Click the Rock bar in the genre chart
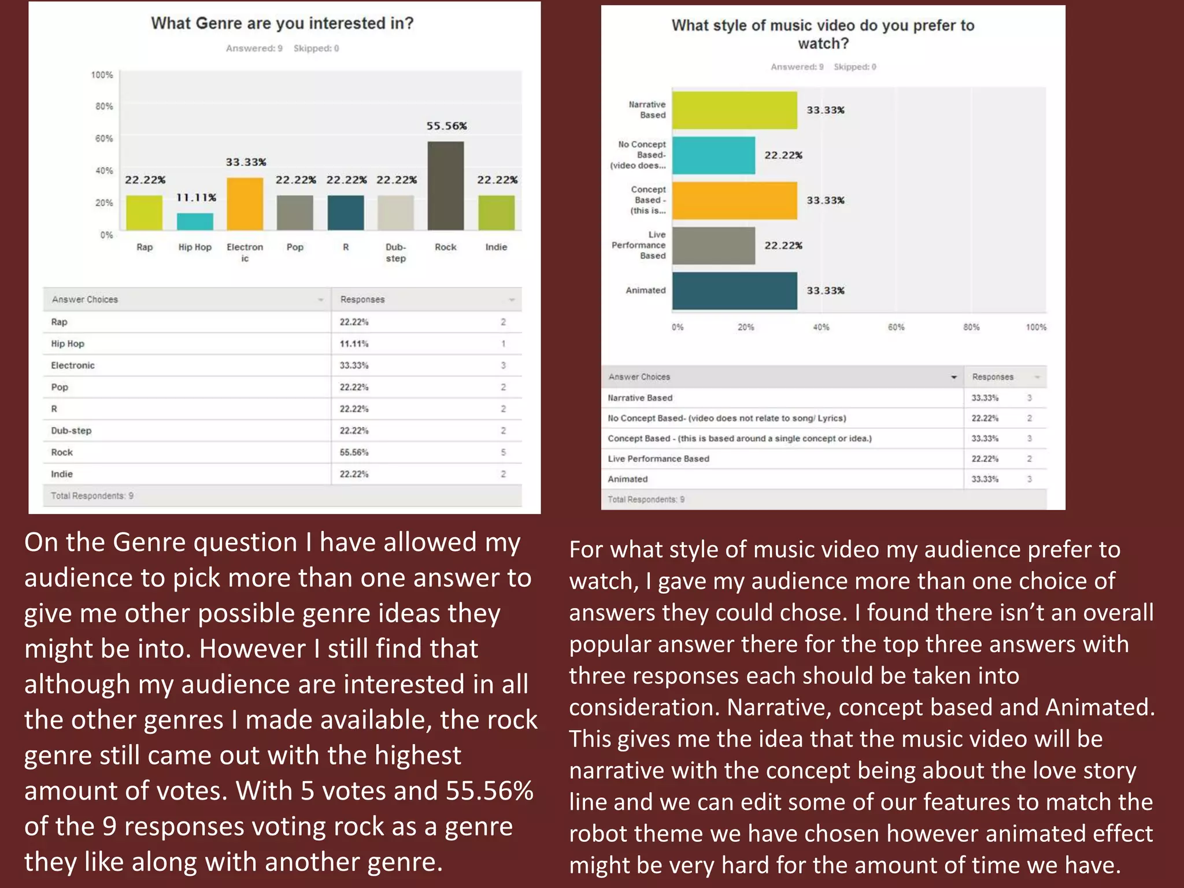pos(445,186)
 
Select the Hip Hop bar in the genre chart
pos(195,221)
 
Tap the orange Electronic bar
pos(245,203)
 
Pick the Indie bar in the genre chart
pos(496,212)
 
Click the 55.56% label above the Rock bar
pos(446,126)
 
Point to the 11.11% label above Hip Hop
pos(196,198)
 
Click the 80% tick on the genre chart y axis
pos(104,106)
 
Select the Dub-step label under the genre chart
pos(395,253)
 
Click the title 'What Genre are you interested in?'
pos(282,23)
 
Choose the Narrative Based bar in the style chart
pos(734,110)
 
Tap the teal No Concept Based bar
pos(713,155)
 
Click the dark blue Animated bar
pos(734,290)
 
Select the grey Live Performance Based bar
pos(713,245)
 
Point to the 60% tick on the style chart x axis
pos(896,327)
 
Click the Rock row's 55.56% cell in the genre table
pos(354,452)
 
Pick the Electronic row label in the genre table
pos(73,365)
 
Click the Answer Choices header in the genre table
pos(85,299)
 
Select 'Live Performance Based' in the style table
pos(658,458)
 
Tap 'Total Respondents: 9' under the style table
pos(646,499)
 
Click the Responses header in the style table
pos(992,377)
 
